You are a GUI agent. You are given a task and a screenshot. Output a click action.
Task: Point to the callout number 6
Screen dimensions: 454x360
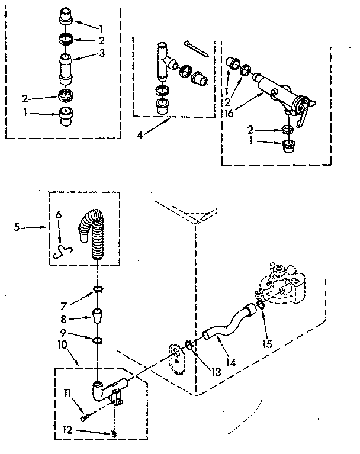coord(57,215)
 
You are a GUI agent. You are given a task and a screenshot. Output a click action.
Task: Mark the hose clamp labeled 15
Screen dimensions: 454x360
coord(261,307)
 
